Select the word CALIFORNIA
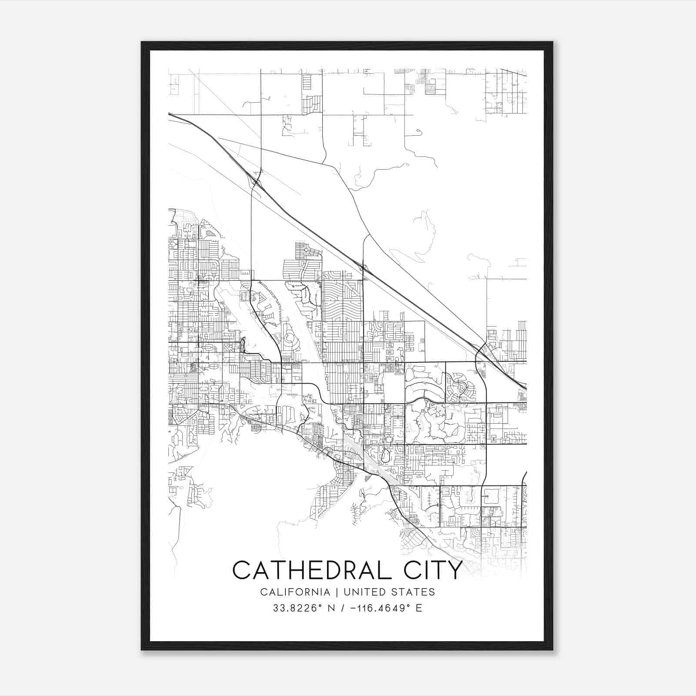[295, 592]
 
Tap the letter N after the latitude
[330, 608]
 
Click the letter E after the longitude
[419, 608]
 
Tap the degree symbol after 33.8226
[321, 605]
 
